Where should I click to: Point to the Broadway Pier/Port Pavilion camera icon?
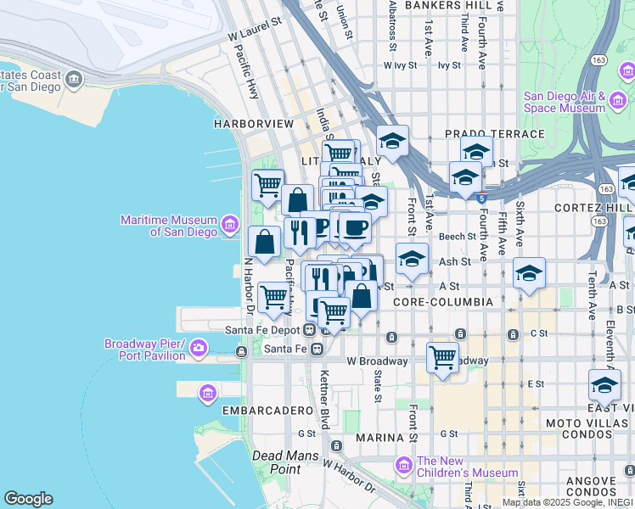pos(199,348)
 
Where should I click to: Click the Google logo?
pos(28,499)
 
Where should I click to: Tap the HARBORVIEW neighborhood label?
pos(254,124)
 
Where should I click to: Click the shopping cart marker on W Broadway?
pos(442,357)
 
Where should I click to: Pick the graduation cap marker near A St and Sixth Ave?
pos(529,273)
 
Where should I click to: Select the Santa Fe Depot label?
pos(263,329)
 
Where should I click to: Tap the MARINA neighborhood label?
pos(379,438)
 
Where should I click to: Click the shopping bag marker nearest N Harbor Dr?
pos(265,242)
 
